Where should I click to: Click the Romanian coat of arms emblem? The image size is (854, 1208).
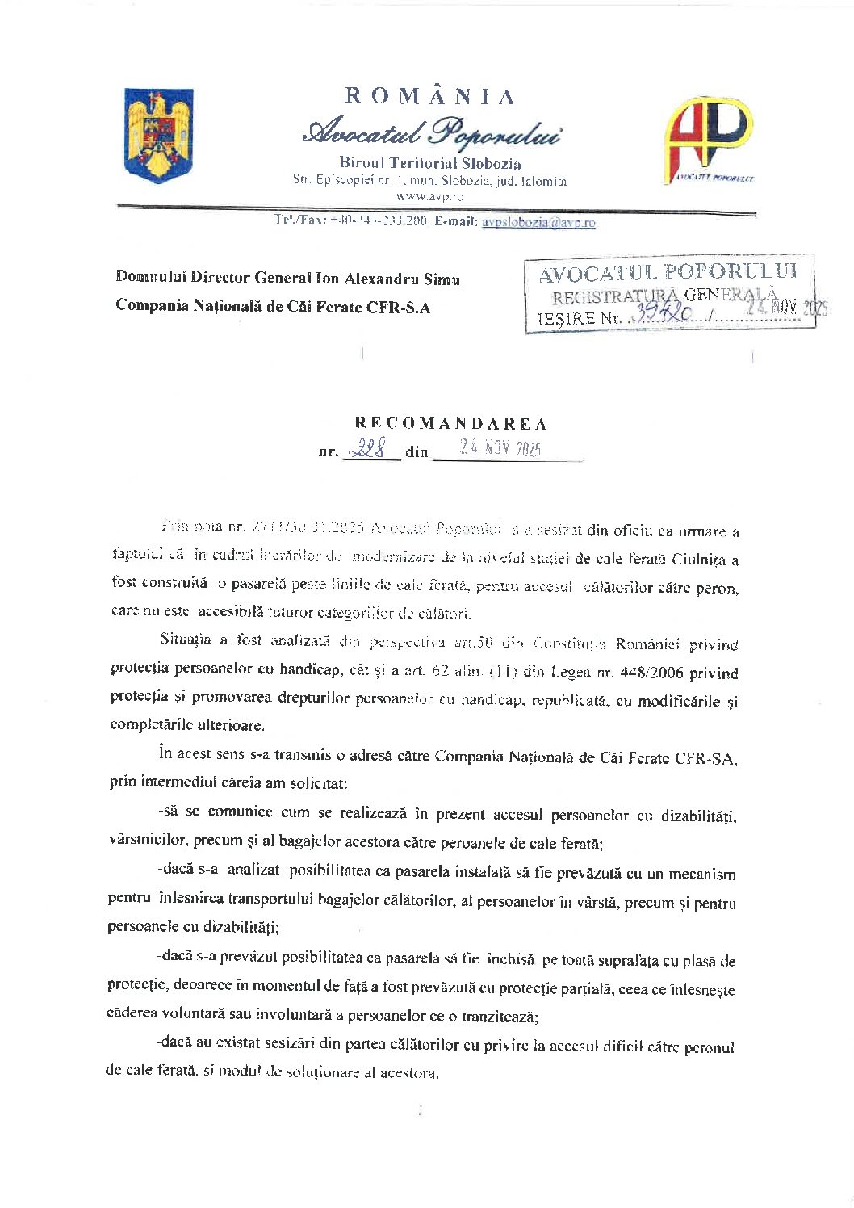coord(159,135)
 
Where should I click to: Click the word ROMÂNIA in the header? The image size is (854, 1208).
coord(430,97)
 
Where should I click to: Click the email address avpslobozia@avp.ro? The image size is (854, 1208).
coord(538,222)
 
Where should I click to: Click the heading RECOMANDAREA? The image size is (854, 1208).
coord(451,424)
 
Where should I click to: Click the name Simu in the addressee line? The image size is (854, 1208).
coord(442,279)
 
